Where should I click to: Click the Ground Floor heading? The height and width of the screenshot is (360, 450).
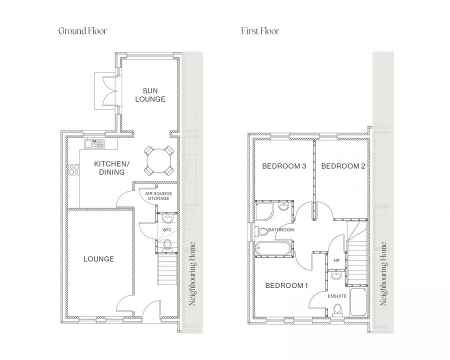(82, 31)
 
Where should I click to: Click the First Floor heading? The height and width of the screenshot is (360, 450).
(260, 31)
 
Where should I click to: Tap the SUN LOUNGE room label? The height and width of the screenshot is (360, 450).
(150, 95)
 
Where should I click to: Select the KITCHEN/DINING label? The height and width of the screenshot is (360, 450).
(111, 168)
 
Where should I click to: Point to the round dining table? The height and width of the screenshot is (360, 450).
(158, 161)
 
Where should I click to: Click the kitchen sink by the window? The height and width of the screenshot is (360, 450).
(94, 144)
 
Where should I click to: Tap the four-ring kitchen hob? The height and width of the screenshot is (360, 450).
(74, 169)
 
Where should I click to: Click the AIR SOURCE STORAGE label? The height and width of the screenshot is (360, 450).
(158, 196)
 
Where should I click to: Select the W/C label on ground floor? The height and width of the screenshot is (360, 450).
(167, 230)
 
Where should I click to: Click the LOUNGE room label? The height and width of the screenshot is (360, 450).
(98, 259)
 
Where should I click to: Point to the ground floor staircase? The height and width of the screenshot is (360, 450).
(167, 269)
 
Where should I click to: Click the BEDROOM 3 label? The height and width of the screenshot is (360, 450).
(284, 166)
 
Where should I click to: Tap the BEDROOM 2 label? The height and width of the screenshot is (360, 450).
(343, 166)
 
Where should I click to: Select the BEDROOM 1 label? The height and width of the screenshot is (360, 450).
(286, 285)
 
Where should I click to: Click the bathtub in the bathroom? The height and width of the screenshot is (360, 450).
(273, 248)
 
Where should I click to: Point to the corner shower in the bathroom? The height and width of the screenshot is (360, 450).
(264, 211)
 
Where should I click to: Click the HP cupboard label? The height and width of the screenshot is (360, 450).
(336, 260)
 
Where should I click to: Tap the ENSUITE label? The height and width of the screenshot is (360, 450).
(337, 296)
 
